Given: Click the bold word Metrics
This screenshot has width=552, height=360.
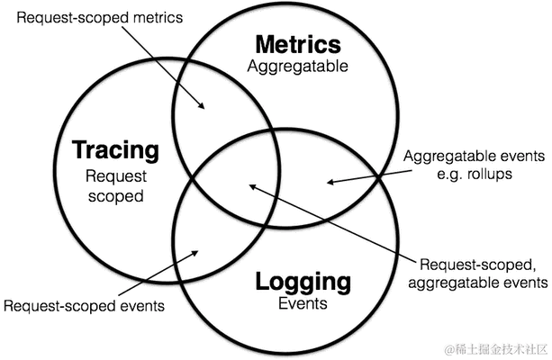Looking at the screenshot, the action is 298,45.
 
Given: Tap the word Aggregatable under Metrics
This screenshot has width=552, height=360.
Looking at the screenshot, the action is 298,65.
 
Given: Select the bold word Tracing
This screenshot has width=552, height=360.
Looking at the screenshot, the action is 114,150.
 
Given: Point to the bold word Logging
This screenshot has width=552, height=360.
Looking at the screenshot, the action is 302,282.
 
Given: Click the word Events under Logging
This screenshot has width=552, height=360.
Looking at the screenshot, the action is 302,302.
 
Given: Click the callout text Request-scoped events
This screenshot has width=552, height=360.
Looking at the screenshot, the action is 83,306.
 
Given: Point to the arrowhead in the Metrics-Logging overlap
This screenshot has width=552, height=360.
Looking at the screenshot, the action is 330,183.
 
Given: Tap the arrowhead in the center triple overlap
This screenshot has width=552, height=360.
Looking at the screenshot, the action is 252,185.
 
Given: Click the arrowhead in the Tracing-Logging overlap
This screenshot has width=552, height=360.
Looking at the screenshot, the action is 193,253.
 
